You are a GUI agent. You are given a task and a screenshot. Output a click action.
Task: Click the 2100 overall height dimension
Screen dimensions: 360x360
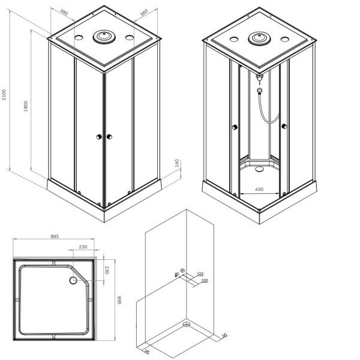(4, 95)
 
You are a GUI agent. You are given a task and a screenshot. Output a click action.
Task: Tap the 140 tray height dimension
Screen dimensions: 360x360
(177, 163)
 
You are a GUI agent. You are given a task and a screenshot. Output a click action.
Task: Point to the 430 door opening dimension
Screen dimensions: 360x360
(259, 190)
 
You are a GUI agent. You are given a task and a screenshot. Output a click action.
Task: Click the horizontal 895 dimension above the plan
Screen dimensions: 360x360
(54, 238)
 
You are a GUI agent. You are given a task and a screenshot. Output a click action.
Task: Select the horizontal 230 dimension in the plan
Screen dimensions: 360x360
(82, 247)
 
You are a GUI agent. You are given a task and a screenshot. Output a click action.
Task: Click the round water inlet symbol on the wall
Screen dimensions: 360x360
(184, 271)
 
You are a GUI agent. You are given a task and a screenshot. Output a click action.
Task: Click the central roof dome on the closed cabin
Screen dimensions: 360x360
(104, 37)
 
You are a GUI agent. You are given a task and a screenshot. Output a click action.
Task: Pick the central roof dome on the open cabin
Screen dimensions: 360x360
(259, 39)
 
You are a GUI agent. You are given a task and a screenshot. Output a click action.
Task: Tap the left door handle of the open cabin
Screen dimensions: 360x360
(235, 127)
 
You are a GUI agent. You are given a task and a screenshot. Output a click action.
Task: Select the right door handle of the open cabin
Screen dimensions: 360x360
(284, 126)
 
